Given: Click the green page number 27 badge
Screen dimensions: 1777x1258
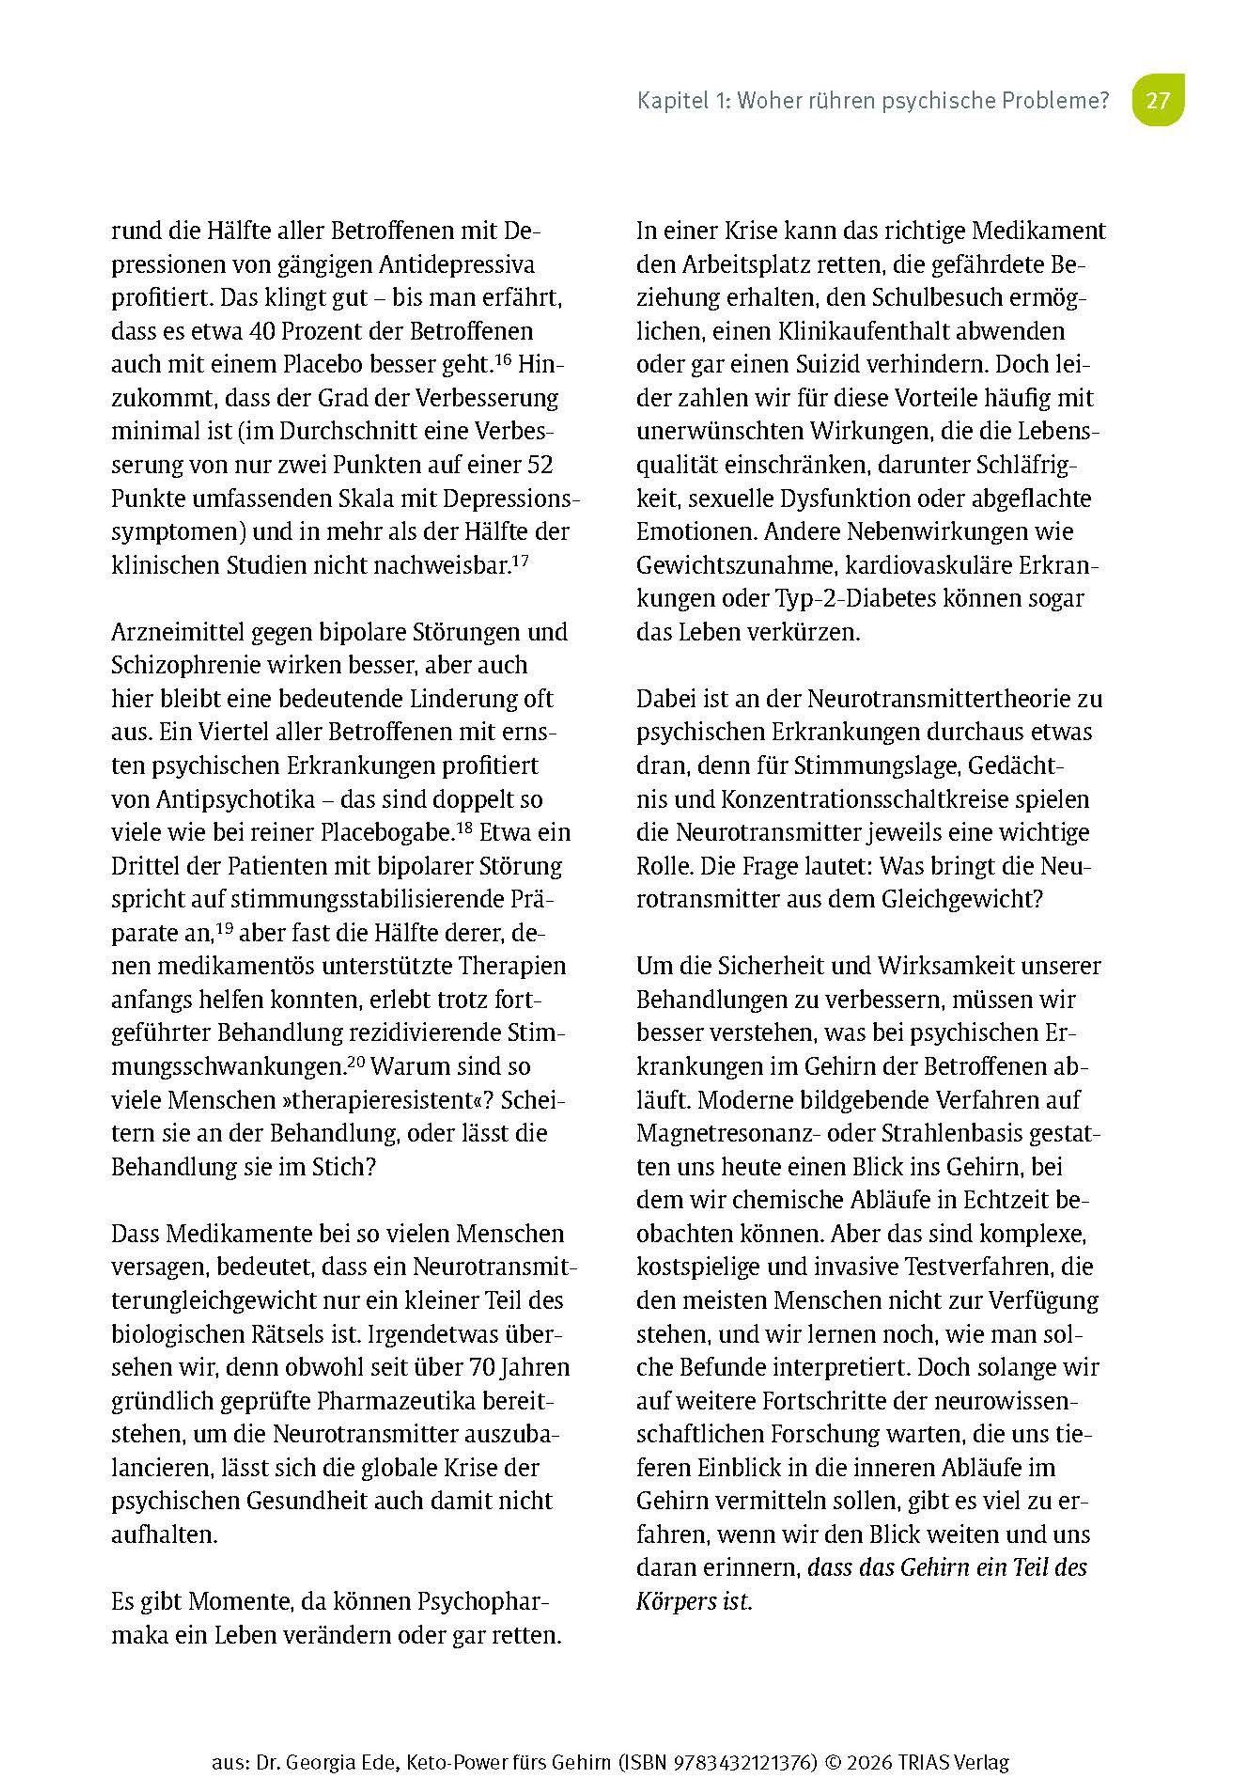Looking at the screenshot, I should click(1157, 100).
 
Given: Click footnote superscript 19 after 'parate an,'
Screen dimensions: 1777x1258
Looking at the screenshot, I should click(225, 928).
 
